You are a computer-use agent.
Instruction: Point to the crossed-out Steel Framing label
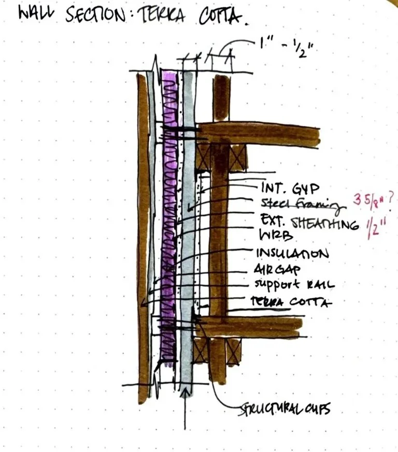[x=297, y=206]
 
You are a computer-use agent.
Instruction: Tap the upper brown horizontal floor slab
[x=259, y=134]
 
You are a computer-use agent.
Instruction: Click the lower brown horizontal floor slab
[x=249, y=326]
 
